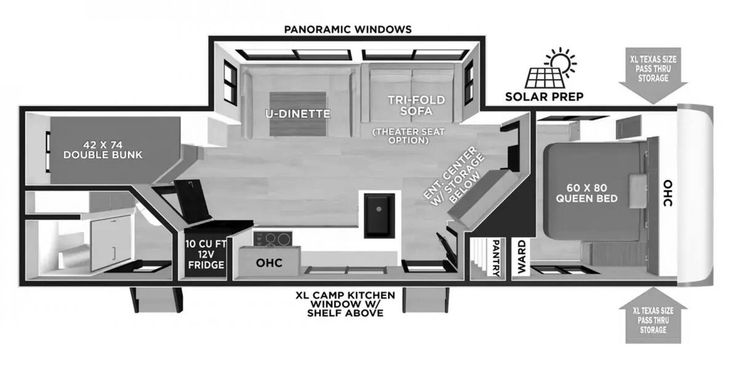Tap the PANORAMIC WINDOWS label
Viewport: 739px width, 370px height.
tap(348, 29)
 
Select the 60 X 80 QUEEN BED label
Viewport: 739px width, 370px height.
tap(586, 192)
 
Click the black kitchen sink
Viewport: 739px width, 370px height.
tap(379, 215)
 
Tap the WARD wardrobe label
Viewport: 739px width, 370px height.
tap(521, 257)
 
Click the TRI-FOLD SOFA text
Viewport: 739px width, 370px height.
tap(416, 105)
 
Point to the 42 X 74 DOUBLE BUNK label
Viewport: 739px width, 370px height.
tap(103, 149)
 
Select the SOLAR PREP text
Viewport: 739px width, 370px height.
tap(544, 97)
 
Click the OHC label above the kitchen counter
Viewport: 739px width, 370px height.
tap(269, 263)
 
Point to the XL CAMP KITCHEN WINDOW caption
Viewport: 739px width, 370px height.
tap(345, 303)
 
